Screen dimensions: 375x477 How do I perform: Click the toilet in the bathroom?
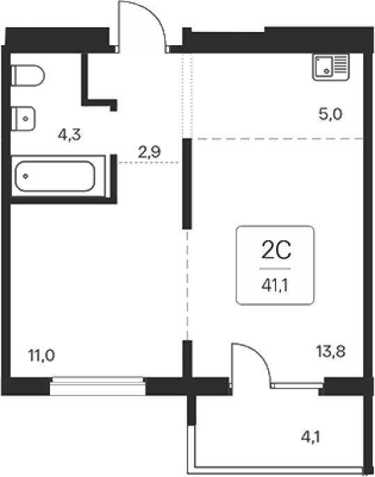pyautogui.click(x=28, y=75)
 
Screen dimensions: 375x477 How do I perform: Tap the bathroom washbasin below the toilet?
pyautogui.click(x=23, y=118)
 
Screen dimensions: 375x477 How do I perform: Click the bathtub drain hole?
pyautogui.click(x=26, y=176)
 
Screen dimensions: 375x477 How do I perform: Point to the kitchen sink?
pyautogui.click(x=330, y=68)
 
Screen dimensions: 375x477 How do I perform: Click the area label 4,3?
pyautogui.click(x=70, y=134)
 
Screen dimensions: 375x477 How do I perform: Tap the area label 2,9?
pyautogui.click(x=149, y=152)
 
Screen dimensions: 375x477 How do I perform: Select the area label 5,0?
pyautogui.click(x=330, y=114)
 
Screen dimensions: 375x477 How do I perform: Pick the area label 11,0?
pyautogui.click(x=41, y=355)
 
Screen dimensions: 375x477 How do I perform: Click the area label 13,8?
pyautogui.click(x=330, y=352)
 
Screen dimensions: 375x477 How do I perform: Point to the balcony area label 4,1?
pyautogui.click(x=310, y=437)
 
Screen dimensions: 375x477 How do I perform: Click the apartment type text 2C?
pyautogui.click(x=276, y=249)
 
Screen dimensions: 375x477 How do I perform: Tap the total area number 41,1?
pyautogui.click(x=275, y=286)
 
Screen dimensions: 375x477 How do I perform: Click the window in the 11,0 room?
pyautogui.click(x=97, y=386)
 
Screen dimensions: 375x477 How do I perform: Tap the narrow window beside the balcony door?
pyautogui.click(x=297, y=386)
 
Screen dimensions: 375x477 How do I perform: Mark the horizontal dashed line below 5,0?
pyautogui.click(x=278, y=139)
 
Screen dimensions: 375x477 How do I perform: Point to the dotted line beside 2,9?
pyautogui.click(x=148, y=163)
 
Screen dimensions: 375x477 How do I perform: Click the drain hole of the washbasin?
pyautogui.click(x=26, y=118)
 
